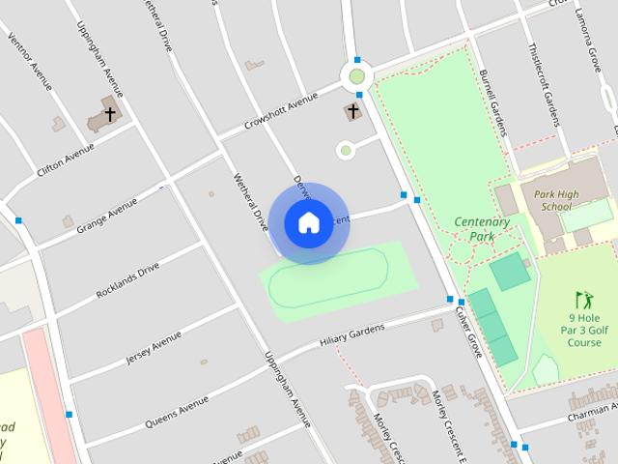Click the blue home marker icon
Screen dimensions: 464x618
308,222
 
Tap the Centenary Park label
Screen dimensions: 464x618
481,228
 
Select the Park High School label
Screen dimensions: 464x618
556,200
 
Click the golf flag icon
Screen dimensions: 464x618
582,299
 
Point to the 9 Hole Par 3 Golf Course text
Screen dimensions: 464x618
584,329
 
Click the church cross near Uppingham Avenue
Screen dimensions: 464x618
110,114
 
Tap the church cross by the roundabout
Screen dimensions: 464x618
353,112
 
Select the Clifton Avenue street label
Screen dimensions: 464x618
66,159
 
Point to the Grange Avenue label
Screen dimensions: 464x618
107,207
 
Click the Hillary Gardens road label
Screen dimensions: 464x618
351,335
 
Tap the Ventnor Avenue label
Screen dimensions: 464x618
29,61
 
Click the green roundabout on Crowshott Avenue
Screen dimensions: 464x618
357,75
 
